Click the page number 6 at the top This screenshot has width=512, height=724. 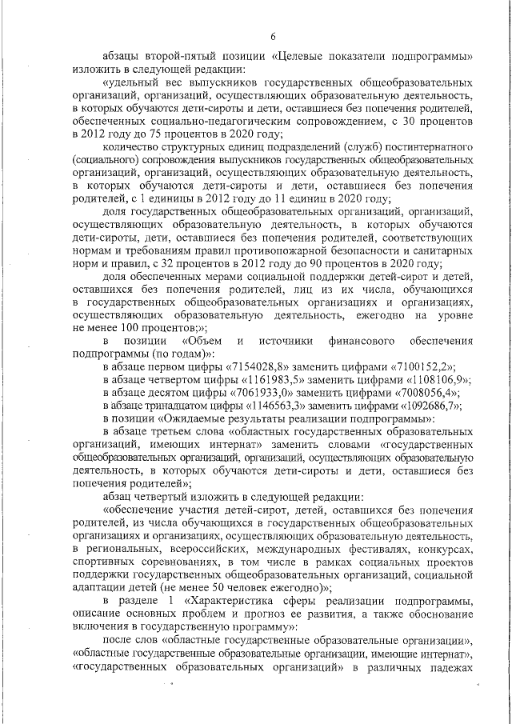coord(272,35)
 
